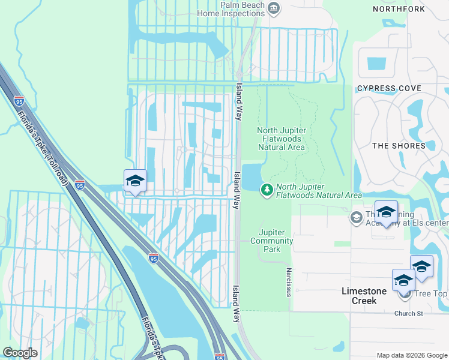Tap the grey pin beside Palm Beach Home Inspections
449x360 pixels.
(x=274, y=8)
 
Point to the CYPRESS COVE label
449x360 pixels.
(x=385, y=88)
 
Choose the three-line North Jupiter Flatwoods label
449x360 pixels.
(x=282, y=139)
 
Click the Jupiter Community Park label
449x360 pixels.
(x=276, y=241)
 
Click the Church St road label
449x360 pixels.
(x=409, y=313)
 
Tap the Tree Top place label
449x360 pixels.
(x=430, y=293)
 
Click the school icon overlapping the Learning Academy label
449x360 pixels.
(x=386, y=212)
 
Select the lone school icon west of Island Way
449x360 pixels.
(x=135, y=181)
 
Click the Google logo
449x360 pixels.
(x=20, y=352)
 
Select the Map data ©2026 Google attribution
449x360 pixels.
(x=411, y=355)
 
